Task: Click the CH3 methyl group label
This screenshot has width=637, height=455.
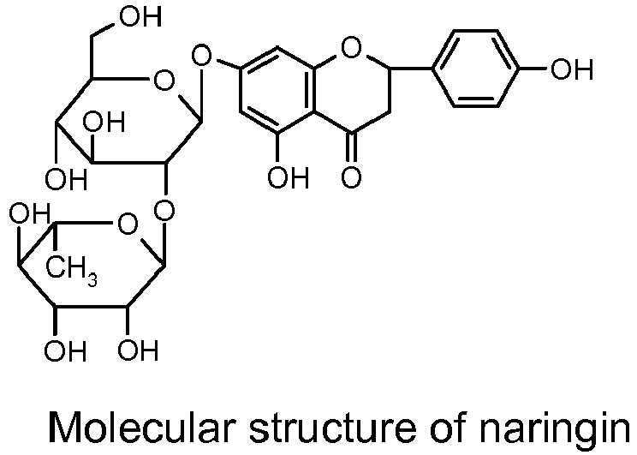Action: (72, 271)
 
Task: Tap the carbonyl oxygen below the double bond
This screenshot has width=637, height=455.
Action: (351, 178)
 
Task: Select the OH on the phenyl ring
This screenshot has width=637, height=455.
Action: (572, 69)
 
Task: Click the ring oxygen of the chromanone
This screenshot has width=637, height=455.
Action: (351, 47)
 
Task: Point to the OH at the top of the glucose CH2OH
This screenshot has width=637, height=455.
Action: (141, 16)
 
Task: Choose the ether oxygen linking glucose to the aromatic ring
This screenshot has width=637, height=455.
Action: (202, 57)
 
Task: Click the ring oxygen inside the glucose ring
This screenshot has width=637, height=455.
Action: (164, 81)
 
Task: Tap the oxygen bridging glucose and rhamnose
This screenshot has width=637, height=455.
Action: (165, 211)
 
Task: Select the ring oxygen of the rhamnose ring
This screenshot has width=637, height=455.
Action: (128, 225)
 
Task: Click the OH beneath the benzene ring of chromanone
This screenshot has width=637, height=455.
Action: (289, 178)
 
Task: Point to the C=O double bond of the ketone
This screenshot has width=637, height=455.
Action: (351, 147)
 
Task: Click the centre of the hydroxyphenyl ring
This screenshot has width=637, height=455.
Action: (475, 69)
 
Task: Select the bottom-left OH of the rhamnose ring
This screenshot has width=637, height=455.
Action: (65, 350)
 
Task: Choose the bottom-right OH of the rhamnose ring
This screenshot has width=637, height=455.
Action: (138, 350)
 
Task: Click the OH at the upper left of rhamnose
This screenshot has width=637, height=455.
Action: (30, 213)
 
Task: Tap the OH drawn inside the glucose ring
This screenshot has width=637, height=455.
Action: (104, 122)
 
